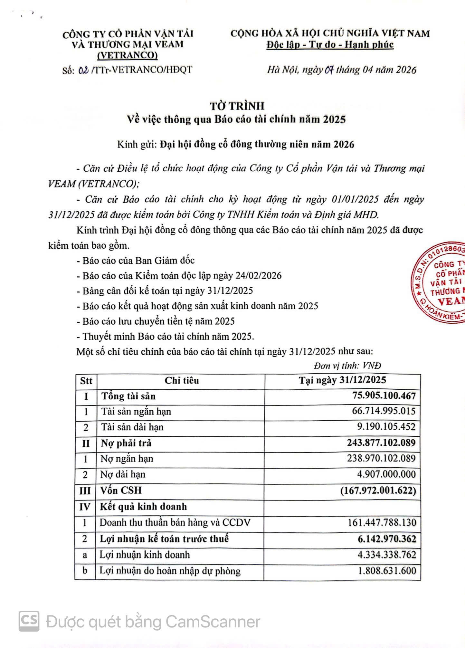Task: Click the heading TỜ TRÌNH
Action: click(237, 106)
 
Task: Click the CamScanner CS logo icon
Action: click(29, 621)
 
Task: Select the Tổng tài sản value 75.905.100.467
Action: click(384, 395)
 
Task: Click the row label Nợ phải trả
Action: click(126, 443)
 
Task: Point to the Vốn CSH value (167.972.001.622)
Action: click(378, 491)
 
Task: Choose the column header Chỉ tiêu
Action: click(182, 380)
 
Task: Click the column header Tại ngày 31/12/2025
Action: click(342, 380)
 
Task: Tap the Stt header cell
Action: click(86, 381)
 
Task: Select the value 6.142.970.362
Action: click(387, 538)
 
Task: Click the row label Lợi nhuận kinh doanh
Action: click(145, 555)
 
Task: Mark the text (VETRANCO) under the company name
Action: click(128, 55)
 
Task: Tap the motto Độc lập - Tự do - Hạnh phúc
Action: click(330, 44)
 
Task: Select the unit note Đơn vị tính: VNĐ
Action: click(347, 366)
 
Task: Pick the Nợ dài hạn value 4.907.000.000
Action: click(386, 474)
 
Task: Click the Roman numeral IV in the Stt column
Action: click(85, 507)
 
